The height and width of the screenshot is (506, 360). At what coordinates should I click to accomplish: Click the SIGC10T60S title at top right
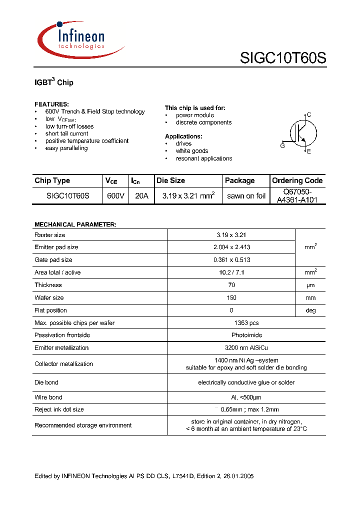coord(283,58)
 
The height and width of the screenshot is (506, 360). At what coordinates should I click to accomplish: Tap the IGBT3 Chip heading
coord(54,82)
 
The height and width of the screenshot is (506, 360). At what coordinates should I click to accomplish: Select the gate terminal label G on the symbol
coord(282,146)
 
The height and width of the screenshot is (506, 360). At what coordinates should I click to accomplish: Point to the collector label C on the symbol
coord(309,115)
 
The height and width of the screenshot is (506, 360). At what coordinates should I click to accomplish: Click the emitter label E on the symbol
coord(308,151)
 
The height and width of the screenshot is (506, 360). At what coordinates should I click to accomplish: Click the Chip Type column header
coord(52,180)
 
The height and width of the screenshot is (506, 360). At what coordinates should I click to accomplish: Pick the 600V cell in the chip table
coord(115,196)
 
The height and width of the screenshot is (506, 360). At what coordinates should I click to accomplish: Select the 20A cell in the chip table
coord(141,196)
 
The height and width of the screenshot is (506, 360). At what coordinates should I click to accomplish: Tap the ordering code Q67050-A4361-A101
coord(297,196)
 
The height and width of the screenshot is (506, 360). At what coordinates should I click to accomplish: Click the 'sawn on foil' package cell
coord(246,196)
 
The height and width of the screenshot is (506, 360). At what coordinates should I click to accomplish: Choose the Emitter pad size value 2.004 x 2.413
coord(231,247)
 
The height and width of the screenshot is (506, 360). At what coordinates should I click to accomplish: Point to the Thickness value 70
coord(231,285)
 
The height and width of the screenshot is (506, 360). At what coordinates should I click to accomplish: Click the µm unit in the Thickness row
coord(310,285)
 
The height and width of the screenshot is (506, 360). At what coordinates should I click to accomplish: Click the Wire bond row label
coord(48,397)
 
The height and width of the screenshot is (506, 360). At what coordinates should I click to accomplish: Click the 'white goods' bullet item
coord(191,151)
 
